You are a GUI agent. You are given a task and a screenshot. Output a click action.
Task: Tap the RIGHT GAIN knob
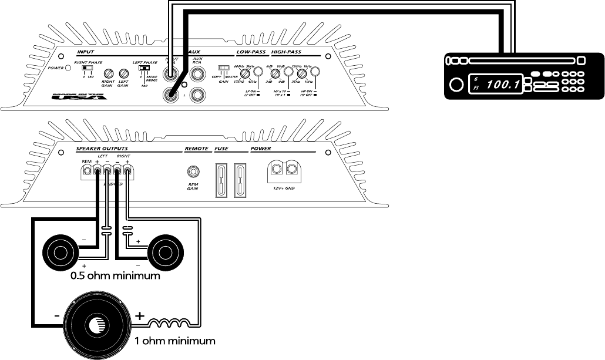click(x=108, y=74)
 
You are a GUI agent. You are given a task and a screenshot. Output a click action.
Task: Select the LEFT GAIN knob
click(x=123, y=74)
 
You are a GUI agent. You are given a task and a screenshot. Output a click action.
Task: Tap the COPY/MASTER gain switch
click(x=223, y=68)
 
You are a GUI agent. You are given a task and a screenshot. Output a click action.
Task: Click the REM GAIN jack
click(x=193, y=171)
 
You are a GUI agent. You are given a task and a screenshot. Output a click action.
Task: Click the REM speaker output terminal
click(x=87, y=171)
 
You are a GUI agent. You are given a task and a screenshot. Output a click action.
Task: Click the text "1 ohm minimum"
click(x=174, y=340)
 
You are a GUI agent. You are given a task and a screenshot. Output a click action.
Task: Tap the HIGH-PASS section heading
click(x=288, y=52)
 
